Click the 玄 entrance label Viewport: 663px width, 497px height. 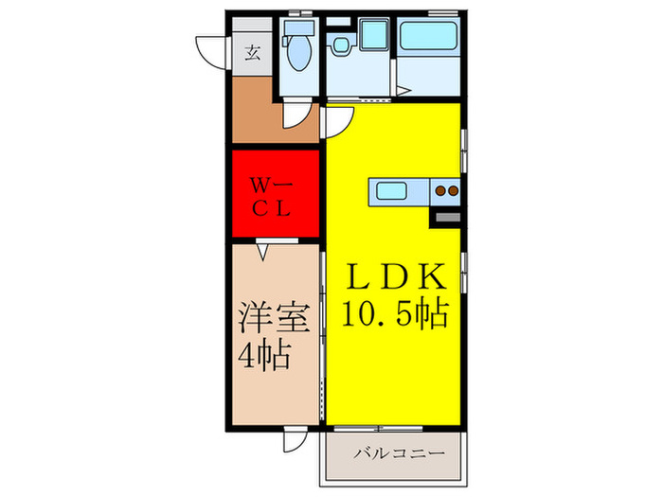(254, 52)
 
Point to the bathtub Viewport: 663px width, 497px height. (431, 38)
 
